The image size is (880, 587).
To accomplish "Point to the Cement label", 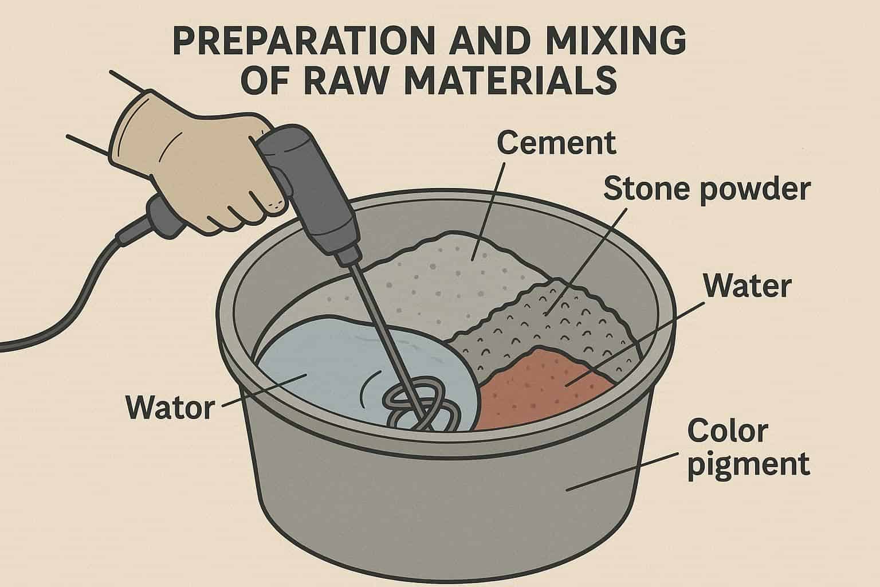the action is pos(556,143).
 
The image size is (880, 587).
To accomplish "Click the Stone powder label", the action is pos(707,190).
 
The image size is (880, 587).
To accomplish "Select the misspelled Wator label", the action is pos(170,408).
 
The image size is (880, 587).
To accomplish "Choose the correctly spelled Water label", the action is pos(747,286).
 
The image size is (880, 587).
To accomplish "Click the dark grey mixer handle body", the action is pos(311,193).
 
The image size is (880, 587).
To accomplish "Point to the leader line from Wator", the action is pos(264,390).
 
